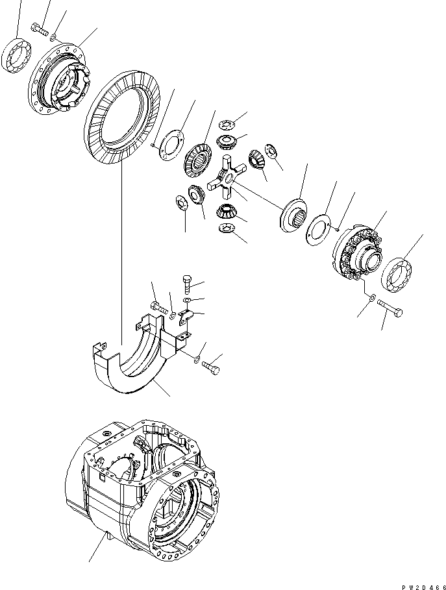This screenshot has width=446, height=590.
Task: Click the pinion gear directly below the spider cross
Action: pyautogui.click(x=224, y=210)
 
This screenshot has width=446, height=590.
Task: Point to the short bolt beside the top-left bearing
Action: pyautogui.click(x=40, y=29)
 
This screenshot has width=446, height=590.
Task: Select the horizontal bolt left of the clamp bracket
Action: pyautogui.click(x=159, y=306)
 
